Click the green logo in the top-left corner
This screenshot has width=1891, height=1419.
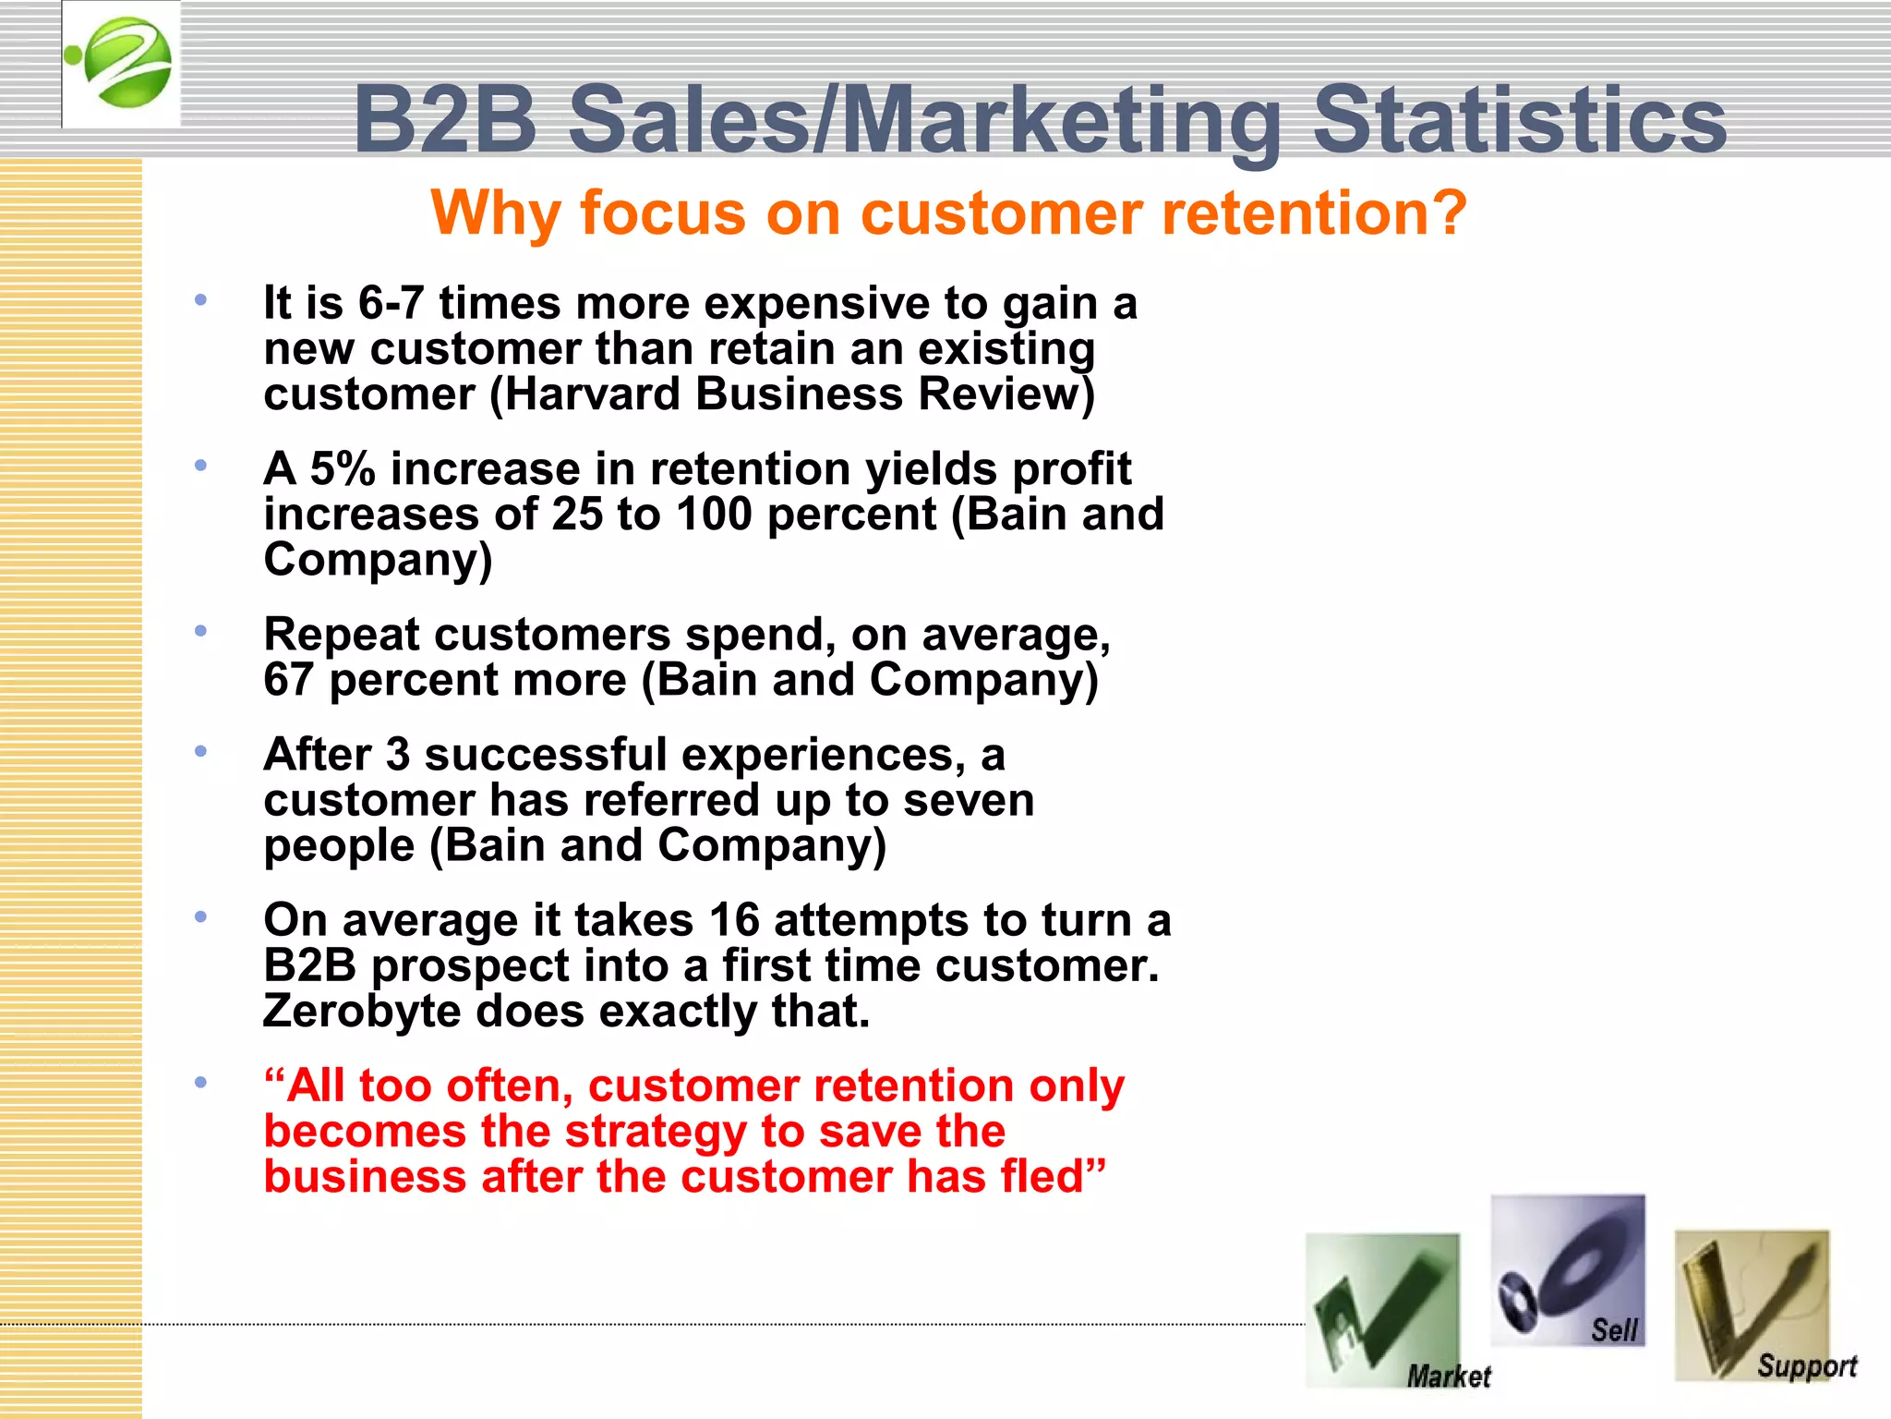coord(121,63)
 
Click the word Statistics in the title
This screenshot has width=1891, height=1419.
coord(1519,120)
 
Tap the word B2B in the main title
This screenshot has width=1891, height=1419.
coord(445,120)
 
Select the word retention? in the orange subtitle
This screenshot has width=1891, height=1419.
coord(1314,212)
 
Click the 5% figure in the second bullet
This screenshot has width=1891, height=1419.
coord(343,468)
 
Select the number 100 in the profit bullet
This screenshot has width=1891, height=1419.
coord(714,514)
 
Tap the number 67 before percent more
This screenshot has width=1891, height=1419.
coord(288,680)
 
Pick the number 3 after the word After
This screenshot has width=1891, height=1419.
coord(398,755)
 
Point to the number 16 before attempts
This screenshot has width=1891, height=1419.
coord(734,920)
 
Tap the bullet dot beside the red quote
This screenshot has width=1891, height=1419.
coord(200,1083)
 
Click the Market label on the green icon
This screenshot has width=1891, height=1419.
coord(1448,1377)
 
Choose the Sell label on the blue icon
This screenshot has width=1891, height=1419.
coord(1613,1330)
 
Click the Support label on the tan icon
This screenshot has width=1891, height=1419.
coord(1806,1365)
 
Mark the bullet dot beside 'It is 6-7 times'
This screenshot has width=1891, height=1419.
coord(200,300)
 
